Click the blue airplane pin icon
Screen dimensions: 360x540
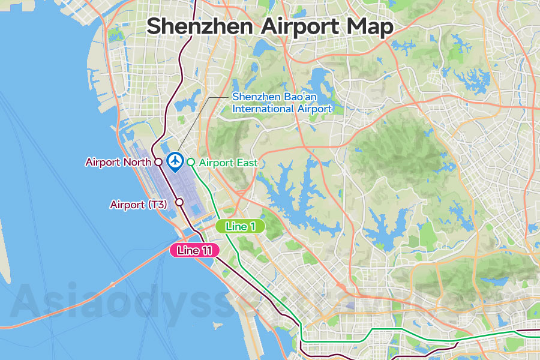coord(175,161)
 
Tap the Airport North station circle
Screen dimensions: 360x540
coord(157,162)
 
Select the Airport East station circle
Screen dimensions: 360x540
coord(191,162)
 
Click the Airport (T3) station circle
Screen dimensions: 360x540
coord(179,203)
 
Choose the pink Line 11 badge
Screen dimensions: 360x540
coord(195,251)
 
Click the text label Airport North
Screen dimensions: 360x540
coord(118,162)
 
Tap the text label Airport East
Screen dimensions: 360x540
coord(228,163)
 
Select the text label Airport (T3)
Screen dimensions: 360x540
coord(139,205)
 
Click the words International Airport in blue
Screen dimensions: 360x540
coord(282,109)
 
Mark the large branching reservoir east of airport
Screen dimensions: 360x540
coord(300,192)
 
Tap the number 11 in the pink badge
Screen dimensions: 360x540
coord(206,251)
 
